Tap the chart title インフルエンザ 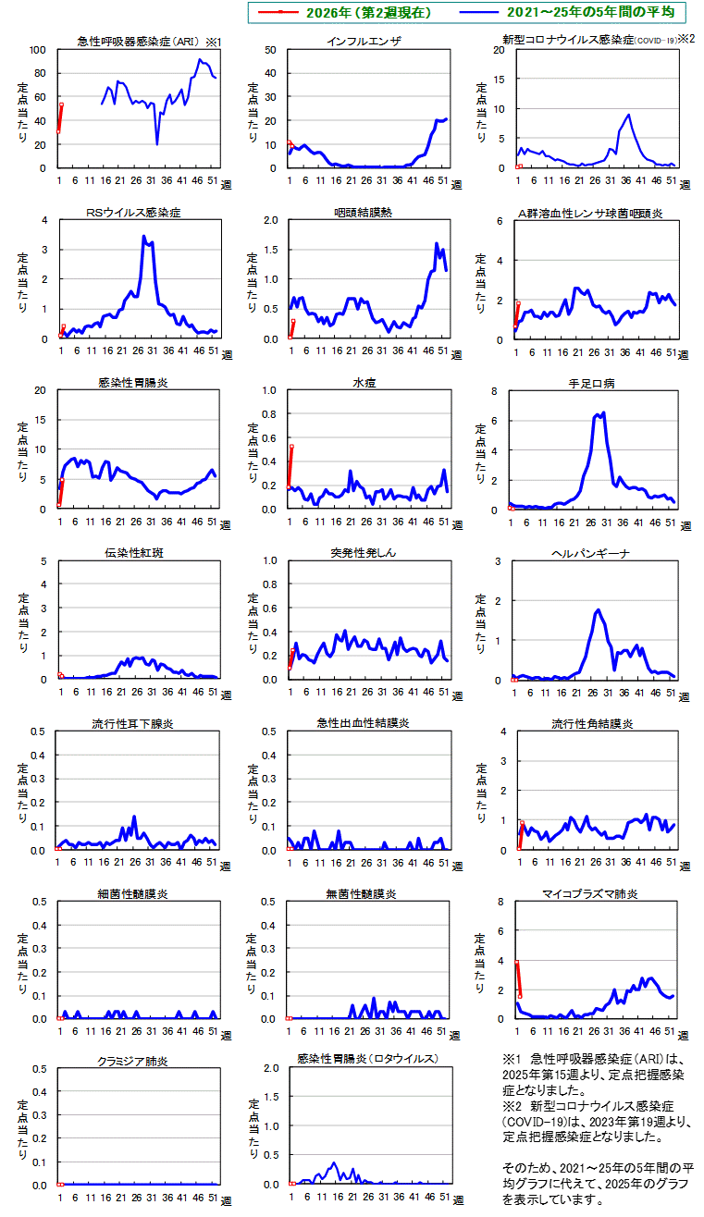pyautogui.click(x=364, y=43)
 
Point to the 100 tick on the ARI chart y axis pyautogui.click(x=38, y=50)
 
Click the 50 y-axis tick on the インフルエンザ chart pyautogui.click(x=270, y=50)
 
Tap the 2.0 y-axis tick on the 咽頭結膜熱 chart pyautogui.click(x=268, y=220)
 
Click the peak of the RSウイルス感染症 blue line pyautogui.click(x=143, y=236)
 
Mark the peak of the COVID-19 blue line pyautogui.click(x=629, y=115)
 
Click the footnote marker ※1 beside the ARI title pyautogui.click(x=213, y=43)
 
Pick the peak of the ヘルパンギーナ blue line pyautogui.click(x=598, y=609)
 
